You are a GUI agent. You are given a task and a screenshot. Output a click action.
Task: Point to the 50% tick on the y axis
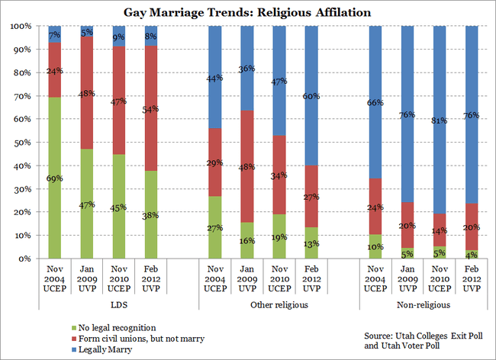point(21,143)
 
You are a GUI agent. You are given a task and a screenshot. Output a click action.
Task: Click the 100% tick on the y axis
point(19,26)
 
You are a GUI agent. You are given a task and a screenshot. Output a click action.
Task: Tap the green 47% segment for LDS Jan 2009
point(86,204)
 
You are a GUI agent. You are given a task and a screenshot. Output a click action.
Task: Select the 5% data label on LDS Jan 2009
point(86,33)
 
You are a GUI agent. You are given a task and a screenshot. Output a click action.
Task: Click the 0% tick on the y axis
point(24,259)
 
